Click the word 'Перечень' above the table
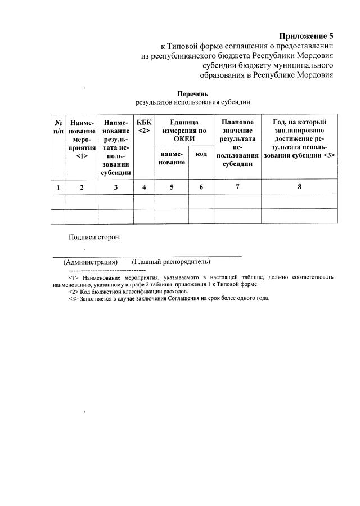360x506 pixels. tap(193, 93)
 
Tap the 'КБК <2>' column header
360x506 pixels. tap(144, 126)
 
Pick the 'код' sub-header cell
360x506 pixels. tap(201, 154)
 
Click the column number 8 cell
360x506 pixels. tap(300, 187)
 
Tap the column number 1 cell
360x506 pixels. tap(58, 187)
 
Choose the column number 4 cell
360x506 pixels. tap(144, 187)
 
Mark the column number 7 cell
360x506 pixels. tap(237, 187)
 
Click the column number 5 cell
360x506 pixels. tap(172, 187)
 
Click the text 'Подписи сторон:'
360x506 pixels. tap(94, 238)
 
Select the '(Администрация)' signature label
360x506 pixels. tap(90, 262)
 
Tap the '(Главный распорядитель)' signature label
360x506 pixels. tap(171, 262)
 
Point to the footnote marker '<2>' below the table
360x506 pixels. tap(73, 292)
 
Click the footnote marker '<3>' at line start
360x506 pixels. tap(73, 299)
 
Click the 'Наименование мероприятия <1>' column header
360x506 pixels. tap(82, 139)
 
